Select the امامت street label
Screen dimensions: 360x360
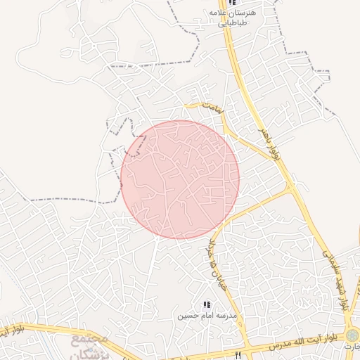pos(211,108)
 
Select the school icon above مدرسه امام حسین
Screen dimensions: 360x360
pos(206,304)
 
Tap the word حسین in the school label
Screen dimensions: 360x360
pos(184,316)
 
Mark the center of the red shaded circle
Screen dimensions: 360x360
pos(180,179)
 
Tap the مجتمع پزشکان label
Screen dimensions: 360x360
pos(90,347)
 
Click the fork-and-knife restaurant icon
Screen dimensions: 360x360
pos(238,354)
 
